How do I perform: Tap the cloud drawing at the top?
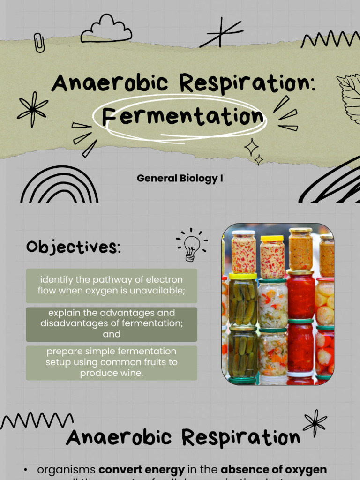pos(106,30)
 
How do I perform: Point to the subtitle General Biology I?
pos(180,179)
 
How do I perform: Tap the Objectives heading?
pos(73,247)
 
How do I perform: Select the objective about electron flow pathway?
pos(112,285)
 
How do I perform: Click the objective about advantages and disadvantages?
pos(112,323)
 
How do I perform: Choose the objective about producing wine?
pos(112,362)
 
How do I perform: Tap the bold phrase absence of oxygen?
pos(274,470)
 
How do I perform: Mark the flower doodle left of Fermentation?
pos(32,108)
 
